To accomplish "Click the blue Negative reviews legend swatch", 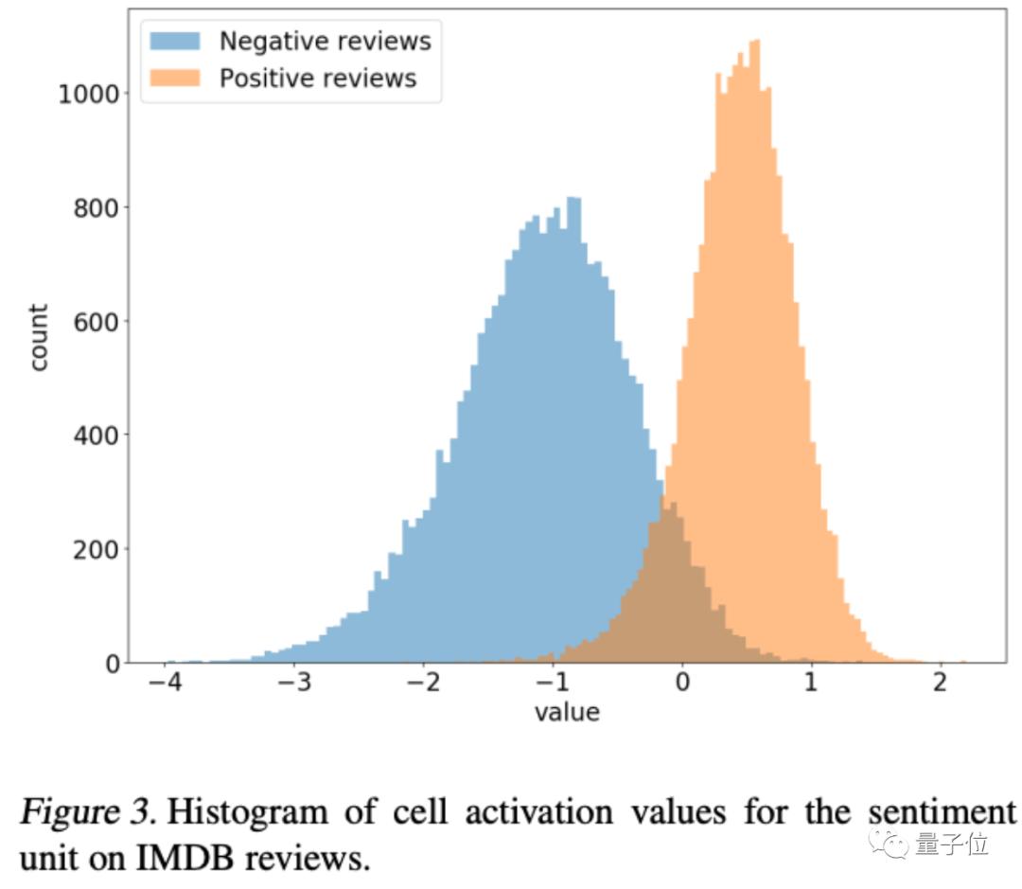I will coord(175,42).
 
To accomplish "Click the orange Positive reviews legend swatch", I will coord(175,78).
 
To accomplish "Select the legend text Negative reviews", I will coord(325,42).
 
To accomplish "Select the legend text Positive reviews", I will coord(318,78).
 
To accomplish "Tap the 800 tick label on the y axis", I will coord(98,207).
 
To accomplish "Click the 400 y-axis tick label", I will coord(98,436).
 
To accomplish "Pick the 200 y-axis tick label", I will coord(98,549).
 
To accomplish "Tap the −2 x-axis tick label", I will coord(423,684).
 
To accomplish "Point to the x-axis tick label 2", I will coord(940,684).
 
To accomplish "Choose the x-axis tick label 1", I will coord(811,684).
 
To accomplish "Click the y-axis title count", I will coord(39,337).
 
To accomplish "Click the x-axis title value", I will coord(567,712).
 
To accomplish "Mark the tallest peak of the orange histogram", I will coord(755,44).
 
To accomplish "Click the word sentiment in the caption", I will coord(923,812).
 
